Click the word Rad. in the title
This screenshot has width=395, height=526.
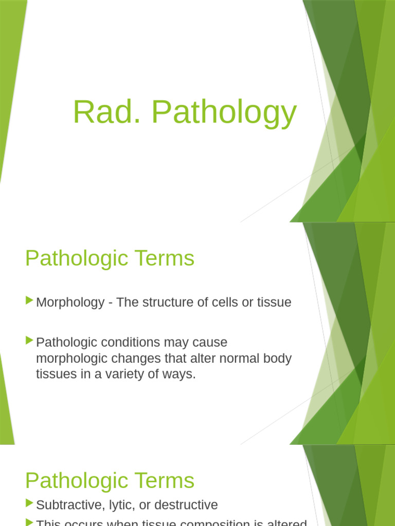pyautogui.click(x=106, y=112)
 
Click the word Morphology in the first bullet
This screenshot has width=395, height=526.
pyautogui.click(x=70, y=303)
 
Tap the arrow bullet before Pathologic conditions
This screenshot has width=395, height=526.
pyautogui.click(x=29, y=341)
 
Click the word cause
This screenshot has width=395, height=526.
pyautogui.click(x=210, y=343)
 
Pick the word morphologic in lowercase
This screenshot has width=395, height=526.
pyautogui.click(x=69, y=359)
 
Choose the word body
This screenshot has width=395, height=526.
pyautogui.click(x=278, y=359)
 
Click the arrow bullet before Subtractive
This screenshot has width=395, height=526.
pyautogui.click(x=29, y=503)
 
